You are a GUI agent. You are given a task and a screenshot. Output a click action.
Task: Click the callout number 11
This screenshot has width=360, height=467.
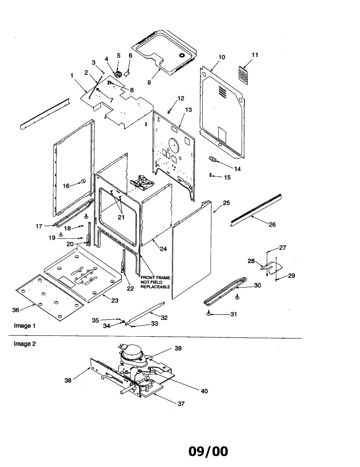[255, 55]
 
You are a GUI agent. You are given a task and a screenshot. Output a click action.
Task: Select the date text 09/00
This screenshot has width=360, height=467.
[208, 451]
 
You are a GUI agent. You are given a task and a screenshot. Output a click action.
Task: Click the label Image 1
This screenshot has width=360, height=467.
[25, 326]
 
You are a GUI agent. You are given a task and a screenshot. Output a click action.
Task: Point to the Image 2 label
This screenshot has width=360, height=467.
[25, 344]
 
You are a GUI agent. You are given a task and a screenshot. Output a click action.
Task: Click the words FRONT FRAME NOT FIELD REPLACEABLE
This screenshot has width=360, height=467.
[155, 282]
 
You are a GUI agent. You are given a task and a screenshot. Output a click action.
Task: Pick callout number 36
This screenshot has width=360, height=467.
[16, 310]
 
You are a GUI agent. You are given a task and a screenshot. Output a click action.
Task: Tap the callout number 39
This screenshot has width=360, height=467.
[178, 348]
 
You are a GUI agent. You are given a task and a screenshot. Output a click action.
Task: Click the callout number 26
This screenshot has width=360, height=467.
[272, 225]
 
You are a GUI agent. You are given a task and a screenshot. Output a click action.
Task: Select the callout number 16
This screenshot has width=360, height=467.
[66, 186]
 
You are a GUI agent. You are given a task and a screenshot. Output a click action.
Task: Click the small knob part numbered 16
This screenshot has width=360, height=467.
[83, 181]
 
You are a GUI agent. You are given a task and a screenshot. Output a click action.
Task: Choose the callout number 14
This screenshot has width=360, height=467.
[237, 169]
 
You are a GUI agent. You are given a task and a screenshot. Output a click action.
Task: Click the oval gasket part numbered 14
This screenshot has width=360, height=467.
[212, 159]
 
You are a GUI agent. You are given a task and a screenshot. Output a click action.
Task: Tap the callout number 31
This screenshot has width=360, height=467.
[233, 314]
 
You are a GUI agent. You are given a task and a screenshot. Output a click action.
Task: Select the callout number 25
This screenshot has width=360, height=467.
[226, 203]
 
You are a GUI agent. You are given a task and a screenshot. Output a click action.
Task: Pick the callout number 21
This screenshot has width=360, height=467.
[121, 217]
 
